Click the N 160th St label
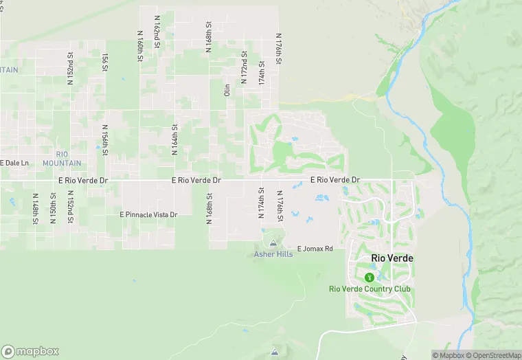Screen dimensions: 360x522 click(139, 47)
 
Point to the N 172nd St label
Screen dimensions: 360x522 click(244, 67)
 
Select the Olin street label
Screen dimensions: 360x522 click(226, 90)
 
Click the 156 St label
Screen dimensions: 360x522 click(105, 63)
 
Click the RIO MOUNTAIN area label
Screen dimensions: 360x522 click(62, 158)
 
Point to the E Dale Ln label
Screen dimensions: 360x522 click(14, 163)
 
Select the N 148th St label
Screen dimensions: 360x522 click(35, 208)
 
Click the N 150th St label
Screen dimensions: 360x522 click(53, 208)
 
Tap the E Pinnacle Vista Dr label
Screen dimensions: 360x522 click(148, 215)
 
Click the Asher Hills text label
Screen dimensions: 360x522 click(273, 254)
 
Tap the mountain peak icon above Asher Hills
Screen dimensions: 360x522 click(273, 243)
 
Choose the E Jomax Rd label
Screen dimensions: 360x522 click(315, 249)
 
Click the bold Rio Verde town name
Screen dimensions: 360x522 click(392, 258)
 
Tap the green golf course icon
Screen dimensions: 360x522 click(370, 278)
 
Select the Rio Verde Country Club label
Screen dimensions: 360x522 click(369, 289)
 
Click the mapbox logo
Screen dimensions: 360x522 click(30, 351)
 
